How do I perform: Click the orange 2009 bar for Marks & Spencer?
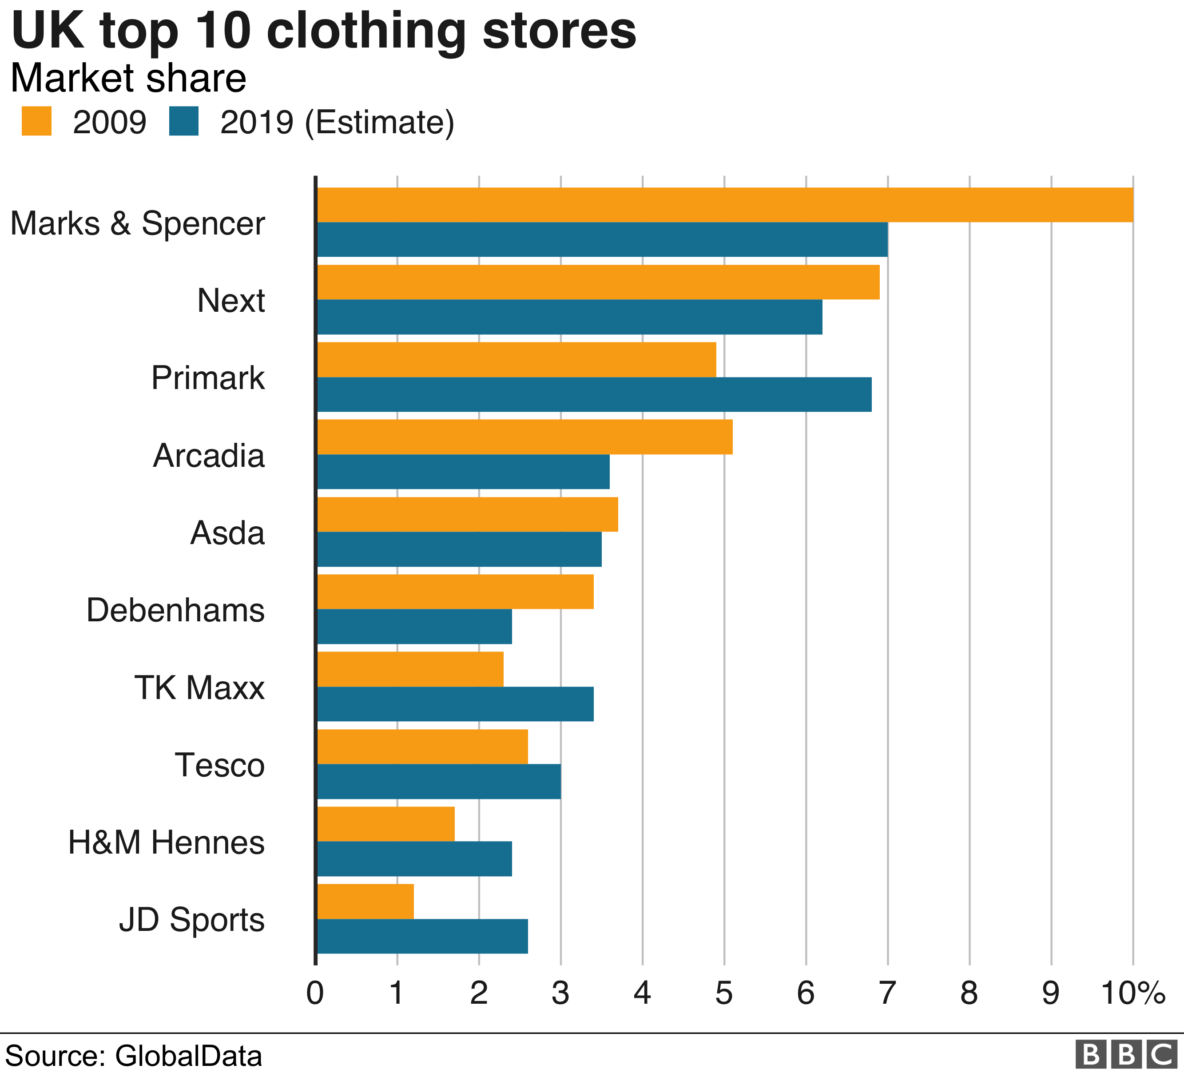(725, 205)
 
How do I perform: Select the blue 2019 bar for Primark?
(594, 395)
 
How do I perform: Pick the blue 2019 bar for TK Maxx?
(455, 703)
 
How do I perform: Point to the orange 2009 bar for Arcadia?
(524, 437)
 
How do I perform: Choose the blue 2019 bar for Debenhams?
(414, 627)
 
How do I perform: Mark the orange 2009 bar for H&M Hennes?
(385, 823)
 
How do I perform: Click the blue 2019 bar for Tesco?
(439, 781)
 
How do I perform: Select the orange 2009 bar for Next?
(598, 282)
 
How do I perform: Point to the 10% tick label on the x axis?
(1133, 994)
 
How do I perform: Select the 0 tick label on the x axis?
(315, 994)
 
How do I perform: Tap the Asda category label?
(227, 533)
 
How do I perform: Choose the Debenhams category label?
(175, 610)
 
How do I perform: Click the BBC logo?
(1126, 1055)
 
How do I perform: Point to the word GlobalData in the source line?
(188, 1055)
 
